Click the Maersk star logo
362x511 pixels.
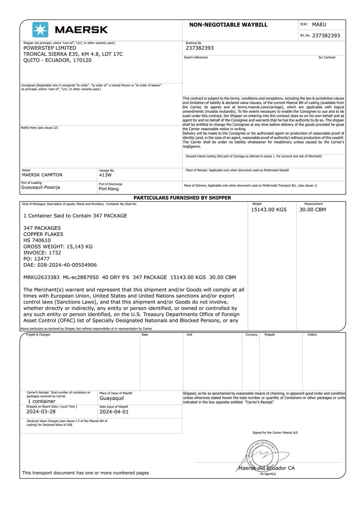pos(40,30)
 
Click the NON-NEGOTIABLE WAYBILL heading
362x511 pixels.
pos(228,25)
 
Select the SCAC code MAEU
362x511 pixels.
pos(319,25)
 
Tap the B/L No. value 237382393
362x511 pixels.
pos(326,35)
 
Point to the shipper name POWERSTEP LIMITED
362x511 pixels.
pos(50,48)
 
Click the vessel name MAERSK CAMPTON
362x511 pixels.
pos(42,175)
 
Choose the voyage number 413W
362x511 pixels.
pos(105,175)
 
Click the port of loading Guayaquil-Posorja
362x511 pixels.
pos(41,187)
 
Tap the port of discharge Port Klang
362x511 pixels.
pos(109,189)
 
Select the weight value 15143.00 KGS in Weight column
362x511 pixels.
pos(269,210)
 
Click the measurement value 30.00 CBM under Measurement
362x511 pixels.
pos(312,210)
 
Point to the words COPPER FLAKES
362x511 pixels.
pos(43,234)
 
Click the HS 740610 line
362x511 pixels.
pos(37,240)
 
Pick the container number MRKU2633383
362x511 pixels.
pos(41,277)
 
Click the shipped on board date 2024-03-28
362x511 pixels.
pos(41,412)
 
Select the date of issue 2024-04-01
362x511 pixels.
pos(114,412)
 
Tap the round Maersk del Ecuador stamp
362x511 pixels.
pos(262,455)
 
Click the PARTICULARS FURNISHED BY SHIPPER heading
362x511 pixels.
pos(182,198)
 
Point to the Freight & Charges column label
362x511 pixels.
pos(38,335)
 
